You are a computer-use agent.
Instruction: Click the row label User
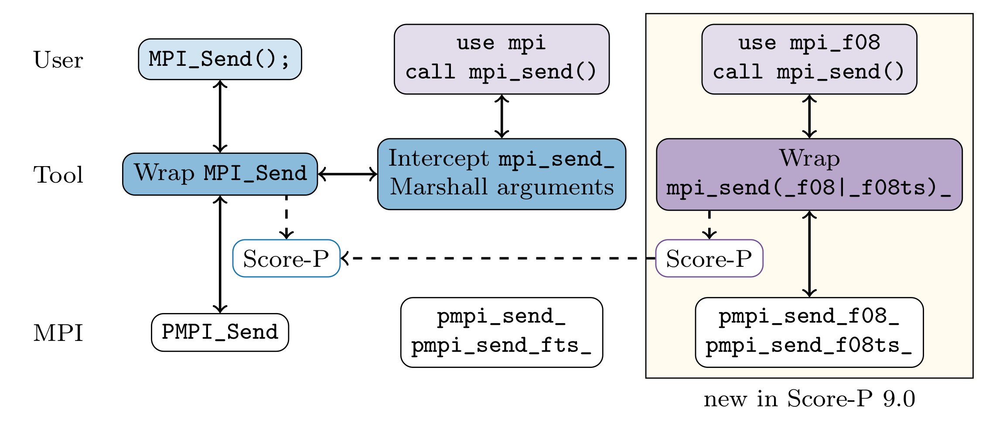[x=58, y=60]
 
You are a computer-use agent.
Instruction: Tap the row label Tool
[x=58, y=174]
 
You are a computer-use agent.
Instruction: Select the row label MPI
[x=58, y=333]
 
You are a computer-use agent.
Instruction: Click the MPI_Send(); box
[x=220, y=59]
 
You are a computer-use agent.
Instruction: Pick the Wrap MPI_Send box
[x=220, y=174]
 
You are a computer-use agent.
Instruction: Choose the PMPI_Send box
[x=220, y=332]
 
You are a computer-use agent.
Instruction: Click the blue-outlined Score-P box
[x=286, y=258]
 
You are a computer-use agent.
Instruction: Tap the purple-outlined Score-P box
[x=709, y=258]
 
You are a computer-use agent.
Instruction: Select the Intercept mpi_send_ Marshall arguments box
[x=501, y=174]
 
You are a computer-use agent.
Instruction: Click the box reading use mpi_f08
[x=809, y=59]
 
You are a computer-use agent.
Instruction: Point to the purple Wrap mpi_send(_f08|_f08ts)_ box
[x=809, y=174]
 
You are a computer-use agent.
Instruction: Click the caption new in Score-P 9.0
[x=809, y=398]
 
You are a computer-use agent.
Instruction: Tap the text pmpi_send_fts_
[x=501, y=346]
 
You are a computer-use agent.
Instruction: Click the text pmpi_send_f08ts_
[x=809, y=346]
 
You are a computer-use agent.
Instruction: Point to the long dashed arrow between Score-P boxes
[x=498, y=258]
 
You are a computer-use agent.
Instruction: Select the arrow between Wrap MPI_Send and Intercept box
[x=348, y=174]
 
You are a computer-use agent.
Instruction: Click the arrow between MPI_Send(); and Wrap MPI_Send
[x=220, y=116]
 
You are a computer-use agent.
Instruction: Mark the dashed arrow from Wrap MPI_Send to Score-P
[x=286, y=217]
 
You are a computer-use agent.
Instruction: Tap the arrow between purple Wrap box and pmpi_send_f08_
[x=809, y=254]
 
